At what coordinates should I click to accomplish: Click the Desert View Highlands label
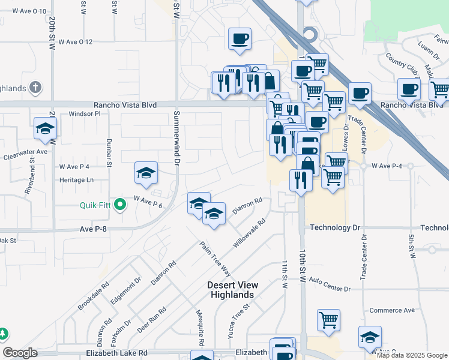pos(231,290)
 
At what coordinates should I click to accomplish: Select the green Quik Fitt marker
pos(120,205)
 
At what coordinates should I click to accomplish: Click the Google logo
pos(20,353)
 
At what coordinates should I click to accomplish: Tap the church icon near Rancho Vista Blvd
pos(36,88)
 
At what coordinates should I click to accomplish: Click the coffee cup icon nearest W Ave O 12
pos(240,39)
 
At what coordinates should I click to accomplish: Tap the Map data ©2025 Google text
pos(412,355)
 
